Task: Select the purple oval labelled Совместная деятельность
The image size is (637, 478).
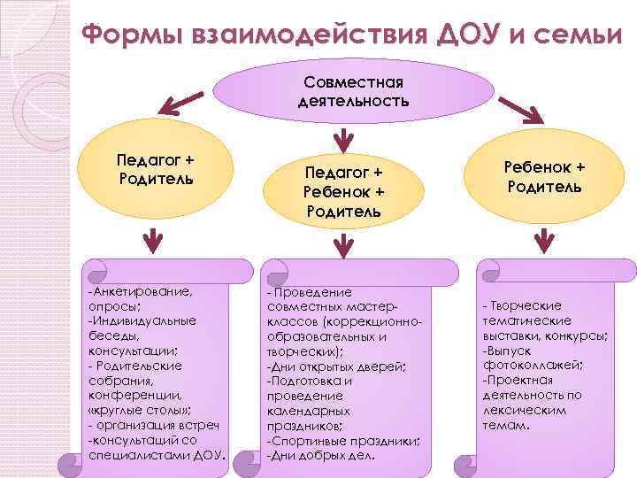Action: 354,90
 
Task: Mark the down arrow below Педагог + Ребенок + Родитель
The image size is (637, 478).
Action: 342,241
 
